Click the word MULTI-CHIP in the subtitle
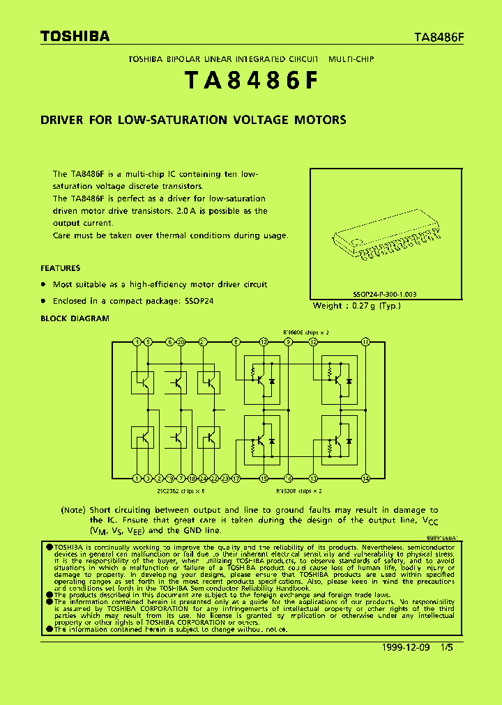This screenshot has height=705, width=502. (x=352, y=60)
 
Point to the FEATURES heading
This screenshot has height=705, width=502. (x=60, y=268)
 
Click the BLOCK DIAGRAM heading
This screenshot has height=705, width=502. (x=75, y=318)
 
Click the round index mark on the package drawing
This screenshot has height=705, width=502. (x=357, y=243)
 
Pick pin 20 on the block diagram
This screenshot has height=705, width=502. (x=181, y=342)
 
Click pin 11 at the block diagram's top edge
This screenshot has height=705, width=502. (x=365, y=342)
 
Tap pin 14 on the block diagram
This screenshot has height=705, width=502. (x=365, y=478)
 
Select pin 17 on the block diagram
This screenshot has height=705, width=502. (x=236, y=478)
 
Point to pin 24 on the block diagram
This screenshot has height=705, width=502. (x=203, y=478)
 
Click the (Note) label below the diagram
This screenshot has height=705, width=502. (x=74, y=511)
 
